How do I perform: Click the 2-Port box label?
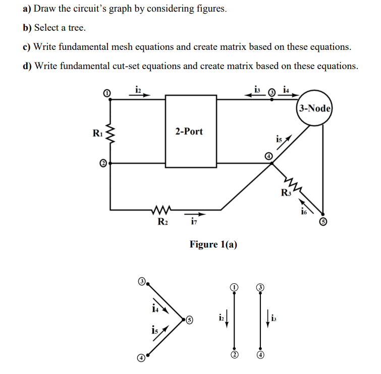[x=189, y=132]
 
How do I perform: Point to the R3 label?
[x=286, y=192]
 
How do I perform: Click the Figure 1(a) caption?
[x=213, y=244]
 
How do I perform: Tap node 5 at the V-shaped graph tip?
[x=189, y=320]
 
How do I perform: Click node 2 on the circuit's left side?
[x=103, y=163]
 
